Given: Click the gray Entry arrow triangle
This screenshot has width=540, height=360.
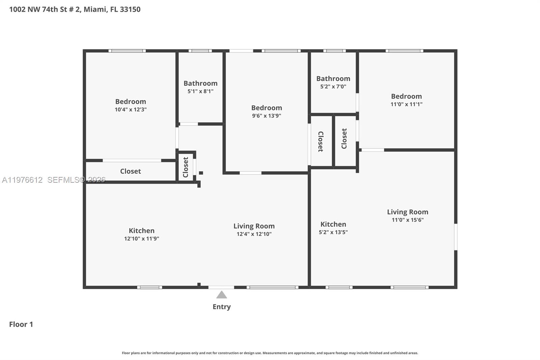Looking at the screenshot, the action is click(x=221, y=295).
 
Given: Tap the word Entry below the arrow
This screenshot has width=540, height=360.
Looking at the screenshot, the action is click(x=221, y=307).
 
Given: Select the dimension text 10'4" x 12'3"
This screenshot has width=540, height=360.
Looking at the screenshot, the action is click(x=130, y=109).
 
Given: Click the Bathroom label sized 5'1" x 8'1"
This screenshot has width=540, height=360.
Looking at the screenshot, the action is click(x=200, y=83).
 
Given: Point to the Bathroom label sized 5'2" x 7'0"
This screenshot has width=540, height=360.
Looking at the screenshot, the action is click(x=333, y=79).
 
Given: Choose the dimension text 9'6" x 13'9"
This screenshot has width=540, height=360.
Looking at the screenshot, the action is click(x=266, y=116).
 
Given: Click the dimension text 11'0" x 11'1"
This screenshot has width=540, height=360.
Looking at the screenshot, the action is click(x=406, y=104).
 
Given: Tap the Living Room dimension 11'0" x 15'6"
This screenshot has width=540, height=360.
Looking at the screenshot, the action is click(x=407, y=220).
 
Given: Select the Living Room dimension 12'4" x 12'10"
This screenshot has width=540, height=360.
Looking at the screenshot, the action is click(x=254, y=234).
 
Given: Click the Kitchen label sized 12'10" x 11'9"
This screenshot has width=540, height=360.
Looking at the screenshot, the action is click(x=141, y=231).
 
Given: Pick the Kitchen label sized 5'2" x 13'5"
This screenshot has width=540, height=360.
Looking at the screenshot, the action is click(x=333, y=224).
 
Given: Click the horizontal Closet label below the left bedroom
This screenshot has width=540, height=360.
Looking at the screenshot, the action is click(x=130, y=171).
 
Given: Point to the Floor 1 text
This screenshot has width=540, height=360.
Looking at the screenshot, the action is click(x=21, y=324).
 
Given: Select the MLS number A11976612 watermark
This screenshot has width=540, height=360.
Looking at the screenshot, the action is click(x=22, y=180).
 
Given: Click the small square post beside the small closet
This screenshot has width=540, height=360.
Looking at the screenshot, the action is click(x=201, y=173).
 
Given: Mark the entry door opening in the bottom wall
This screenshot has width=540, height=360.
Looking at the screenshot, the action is click(x=221, y=287).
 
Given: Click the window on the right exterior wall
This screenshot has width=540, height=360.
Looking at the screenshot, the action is click(x=455, y=237).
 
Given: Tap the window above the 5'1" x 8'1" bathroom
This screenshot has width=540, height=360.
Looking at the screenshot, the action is click(x=200, y=51).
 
